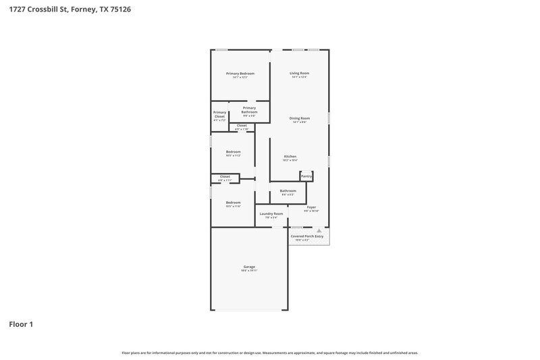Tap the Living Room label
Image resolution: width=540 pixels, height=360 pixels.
(x=300, y=73)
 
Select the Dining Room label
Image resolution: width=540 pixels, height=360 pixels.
(x=300, y=118)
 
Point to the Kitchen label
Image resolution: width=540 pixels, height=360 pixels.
(x=290, y=157)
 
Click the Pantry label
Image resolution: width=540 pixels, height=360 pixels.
(x=306, y=176)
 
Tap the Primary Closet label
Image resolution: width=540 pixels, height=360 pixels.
(x=219, y=114)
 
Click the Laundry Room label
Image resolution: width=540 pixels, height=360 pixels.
(x=271, y=213)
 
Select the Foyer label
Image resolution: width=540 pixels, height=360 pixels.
(x=311, y=207)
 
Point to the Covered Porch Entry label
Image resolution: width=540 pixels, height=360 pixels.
(x=307, y=236)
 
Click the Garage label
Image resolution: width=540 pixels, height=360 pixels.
(x=249, y=267)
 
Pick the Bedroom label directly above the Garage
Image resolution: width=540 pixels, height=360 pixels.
(x=234, y=203)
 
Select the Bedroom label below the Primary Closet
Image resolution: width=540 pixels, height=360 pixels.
(x=234, y=151)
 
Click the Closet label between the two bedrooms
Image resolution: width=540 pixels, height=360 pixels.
(x=225, y=176)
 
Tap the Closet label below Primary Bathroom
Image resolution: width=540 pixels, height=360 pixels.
(x=242, y=126)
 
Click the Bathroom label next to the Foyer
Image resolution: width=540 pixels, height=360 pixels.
(x=288, y=190)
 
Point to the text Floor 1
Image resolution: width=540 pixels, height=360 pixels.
(x=21, y=324)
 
